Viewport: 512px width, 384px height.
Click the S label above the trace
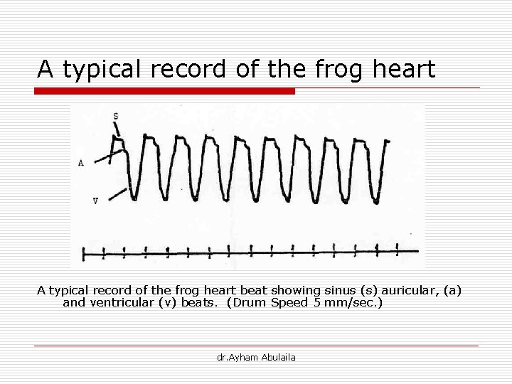click(116, 115)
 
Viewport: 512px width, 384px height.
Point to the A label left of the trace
click(81, 163)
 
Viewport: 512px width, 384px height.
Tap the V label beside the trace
click(95, 201)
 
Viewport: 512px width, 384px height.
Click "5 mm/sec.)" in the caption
click(348, 302)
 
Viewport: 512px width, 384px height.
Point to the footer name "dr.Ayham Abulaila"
click(256, 357)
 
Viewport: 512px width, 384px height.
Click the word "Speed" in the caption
click(288, 302)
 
